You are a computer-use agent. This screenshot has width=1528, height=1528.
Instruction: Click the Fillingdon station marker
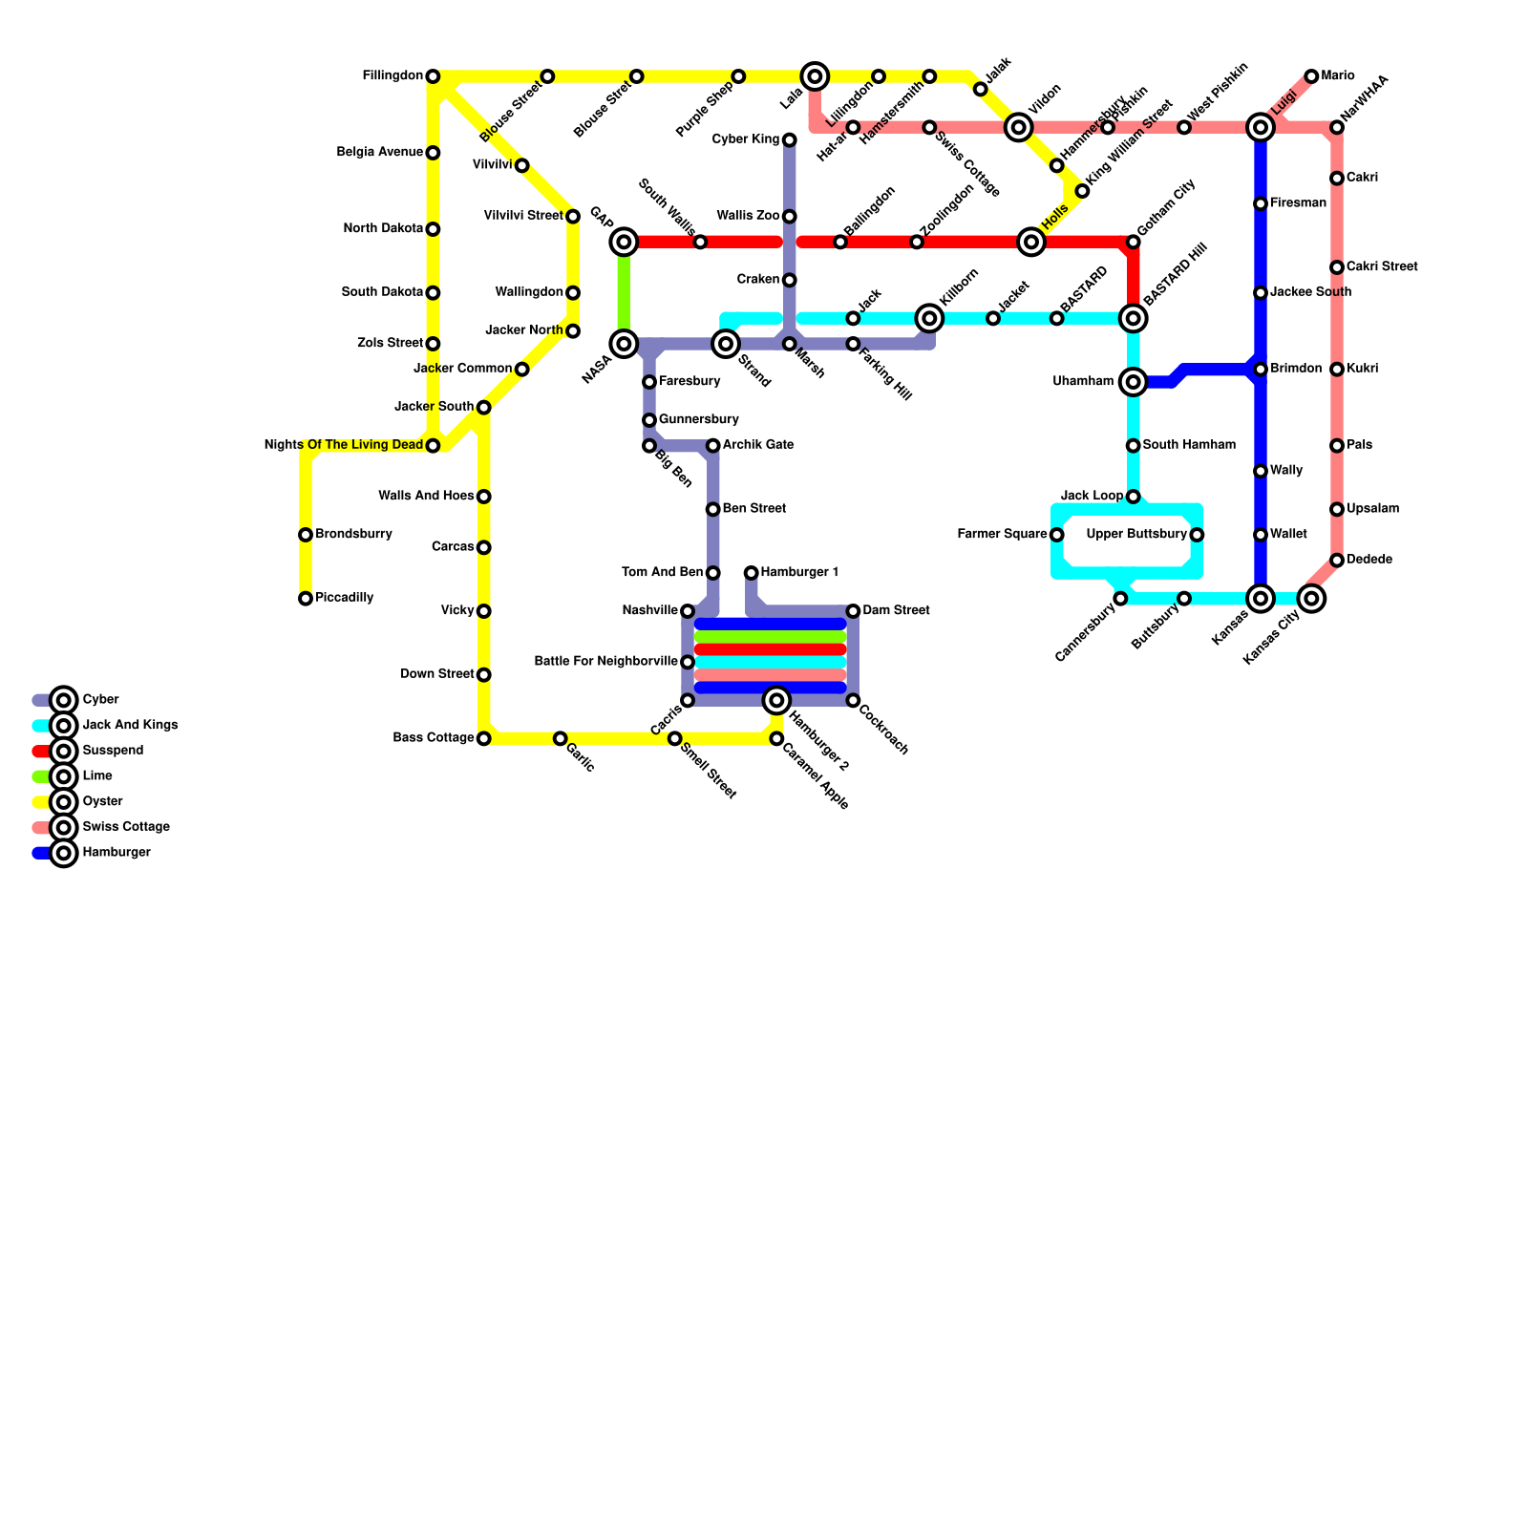coord(433,76)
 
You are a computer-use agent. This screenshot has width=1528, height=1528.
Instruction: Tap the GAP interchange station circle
coord(624,243)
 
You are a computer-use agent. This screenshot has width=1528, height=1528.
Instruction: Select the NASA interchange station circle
coord(624,344)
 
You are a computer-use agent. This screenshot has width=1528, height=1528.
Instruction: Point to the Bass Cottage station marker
coord(484,738)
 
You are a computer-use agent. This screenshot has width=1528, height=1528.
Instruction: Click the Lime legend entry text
coord(97,776)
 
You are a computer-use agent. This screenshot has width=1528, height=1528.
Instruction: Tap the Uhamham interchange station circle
coord(1134,382)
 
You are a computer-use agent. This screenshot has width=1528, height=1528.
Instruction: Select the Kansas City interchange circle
coord(1312,599)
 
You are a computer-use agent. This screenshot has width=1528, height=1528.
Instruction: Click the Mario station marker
coord(1312,76)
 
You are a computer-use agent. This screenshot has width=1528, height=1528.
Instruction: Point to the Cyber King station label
coord(747,140)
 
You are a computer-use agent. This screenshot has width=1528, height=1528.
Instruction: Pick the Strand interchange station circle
coord(726,344)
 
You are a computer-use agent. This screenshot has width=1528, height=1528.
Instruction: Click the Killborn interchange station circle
coord(929,318)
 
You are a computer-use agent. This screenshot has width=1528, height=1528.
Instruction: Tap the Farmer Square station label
coord(1002,535)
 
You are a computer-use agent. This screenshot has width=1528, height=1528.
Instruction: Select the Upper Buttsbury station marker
coord(1197,535)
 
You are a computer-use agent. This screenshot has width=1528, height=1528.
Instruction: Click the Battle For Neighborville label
coord(606,661)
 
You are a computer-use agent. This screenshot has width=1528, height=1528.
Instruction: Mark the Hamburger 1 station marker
coord(752,573)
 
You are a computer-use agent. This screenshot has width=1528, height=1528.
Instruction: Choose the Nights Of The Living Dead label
coord(343,445)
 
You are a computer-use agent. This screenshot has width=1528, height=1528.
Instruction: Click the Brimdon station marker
coord(1261,370)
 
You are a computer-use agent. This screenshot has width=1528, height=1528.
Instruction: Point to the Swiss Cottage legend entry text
coord(126,827)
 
